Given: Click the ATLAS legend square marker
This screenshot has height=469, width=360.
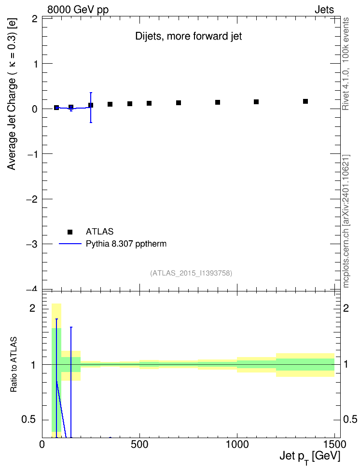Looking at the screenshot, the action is pyautogui.click(x=70, y=232).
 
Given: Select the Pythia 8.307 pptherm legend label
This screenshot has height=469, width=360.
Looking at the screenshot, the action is pyautogui.click(x=126, y=244).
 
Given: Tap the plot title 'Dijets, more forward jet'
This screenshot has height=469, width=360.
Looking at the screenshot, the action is pyautogui.click(x=189, y=36).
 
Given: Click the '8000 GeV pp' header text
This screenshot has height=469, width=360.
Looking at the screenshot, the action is pyautogui.click(x=78, y=10).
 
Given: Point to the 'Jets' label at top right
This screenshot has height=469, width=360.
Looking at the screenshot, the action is pyautogui.click(x=324, y=10).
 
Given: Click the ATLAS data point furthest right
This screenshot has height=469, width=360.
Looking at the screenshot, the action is pyautogui.click(x=305, y=101).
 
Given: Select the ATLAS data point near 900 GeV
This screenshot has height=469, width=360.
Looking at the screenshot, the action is pyautogui.click(x=218, y=102).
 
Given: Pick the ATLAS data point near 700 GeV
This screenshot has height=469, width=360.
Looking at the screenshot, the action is pyautogui.click(x=179, y=103).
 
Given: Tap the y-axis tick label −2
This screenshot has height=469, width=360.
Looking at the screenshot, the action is pyautogui.click(x=31, y=199).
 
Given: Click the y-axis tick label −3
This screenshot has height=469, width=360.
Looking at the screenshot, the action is pyautogui.click(x=31, y=244).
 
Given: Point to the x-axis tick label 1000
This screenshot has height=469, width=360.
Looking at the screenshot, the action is pyautogui.click(x=237, y=444).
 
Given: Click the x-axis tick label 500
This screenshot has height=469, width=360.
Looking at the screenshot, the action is pyautogui.click(x=139, y=444).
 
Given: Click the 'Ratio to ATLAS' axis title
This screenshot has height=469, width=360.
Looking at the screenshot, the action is pyautogui.click(x=14, y=364).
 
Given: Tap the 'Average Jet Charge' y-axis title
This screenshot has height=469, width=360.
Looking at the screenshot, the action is pyautogui.click(x=12, y=94).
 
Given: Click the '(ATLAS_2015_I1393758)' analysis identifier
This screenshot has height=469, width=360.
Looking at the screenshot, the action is pyautogui.click(x=191, y=273).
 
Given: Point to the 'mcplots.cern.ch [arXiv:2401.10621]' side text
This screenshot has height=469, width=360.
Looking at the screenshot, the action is pyautogui.click(x=346, y=221).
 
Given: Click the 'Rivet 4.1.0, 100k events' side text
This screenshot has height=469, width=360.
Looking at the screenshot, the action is pyautogui.click(x=346, y=64).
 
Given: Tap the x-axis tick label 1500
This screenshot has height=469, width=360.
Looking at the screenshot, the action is pyautogui.click(x=334, y=444).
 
